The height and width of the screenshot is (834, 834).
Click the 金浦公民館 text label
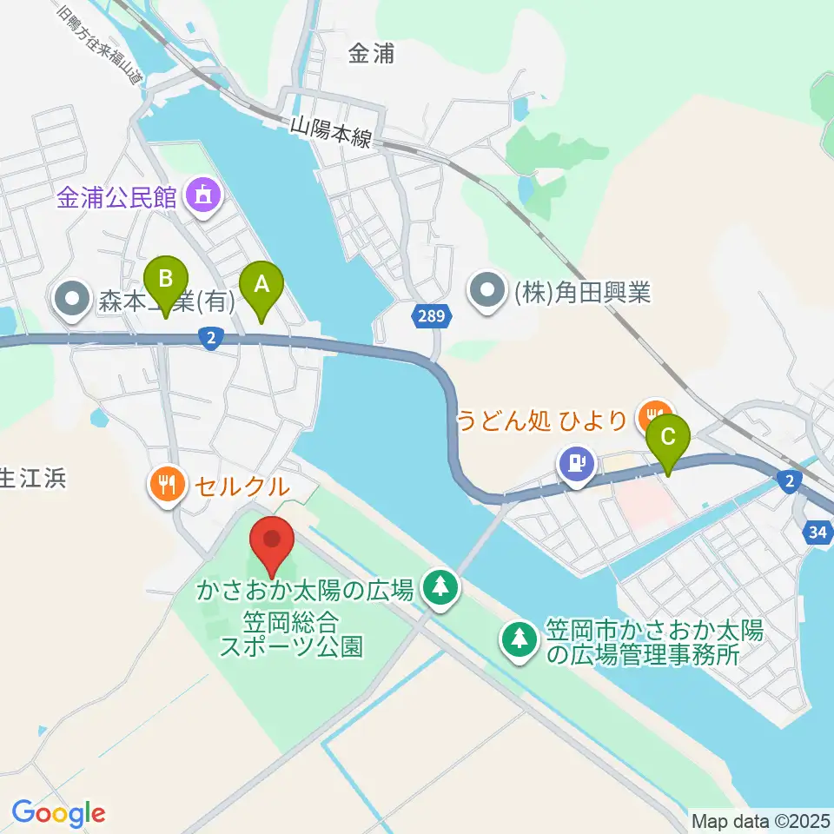click(x=118, y=198)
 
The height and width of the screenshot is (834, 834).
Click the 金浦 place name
click(x=371, y=54)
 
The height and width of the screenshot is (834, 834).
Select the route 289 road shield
click(x=433, y=318)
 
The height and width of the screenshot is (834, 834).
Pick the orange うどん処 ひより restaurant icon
click(x=654, y=418)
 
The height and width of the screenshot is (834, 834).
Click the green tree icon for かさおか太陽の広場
click(x=441, y=588)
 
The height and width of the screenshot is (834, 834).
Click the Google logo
click(x=58, y=813)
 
